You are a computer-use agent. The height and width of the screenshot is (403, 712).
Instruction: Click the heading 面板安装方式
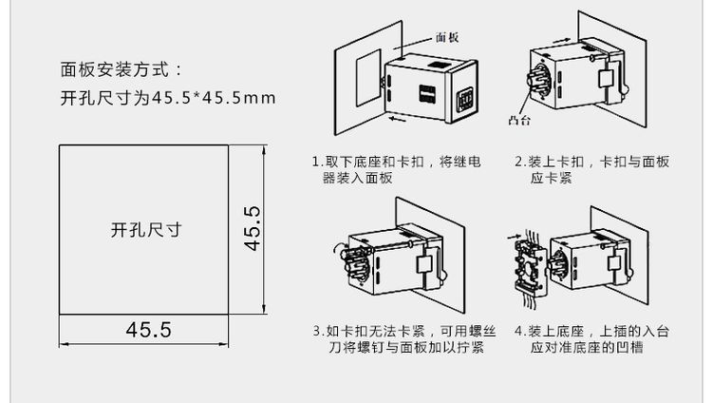(119, 69)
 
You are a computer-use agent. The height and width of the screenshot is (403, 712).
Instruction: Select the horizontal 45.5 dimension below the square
(147, 330)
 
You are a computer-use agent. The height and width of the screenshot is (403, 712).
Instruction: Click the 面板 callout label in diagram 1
(447, 38)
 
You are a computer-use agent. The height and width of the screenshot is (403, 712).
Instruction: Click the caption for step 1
(396, 169)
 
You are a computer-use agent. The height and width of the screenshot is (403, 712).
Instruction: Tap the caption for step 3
(396, 340)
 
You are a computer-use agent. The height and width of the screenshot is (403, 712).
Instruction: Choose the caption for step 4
(590, 340)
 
